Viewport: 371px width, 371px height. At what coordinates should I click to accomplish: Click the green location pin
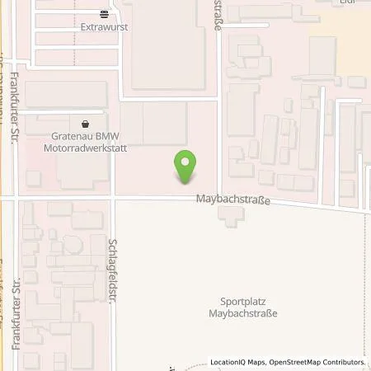click(186, 167)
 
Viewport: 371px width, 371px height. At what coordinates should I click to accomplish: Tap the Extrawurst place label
click(103, 26)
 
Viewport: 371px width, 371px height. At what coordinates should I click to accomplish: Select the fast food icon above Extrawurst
click(103, 14)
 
